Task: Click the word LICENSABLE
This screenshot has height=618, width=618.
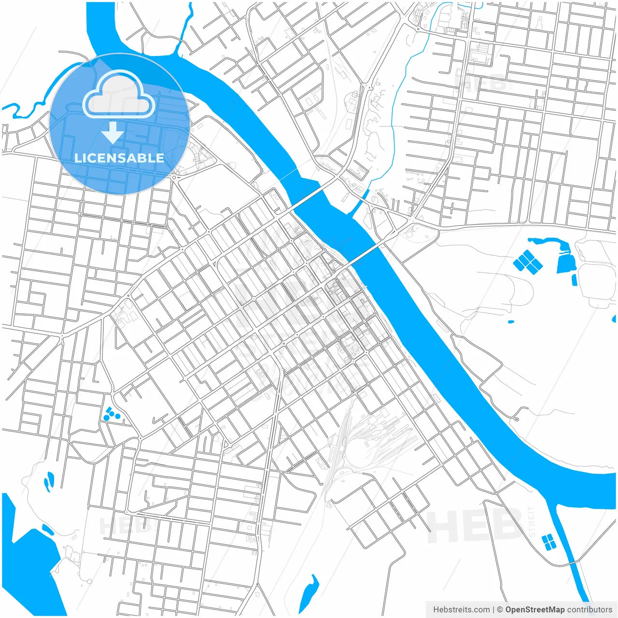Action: pos(119,158)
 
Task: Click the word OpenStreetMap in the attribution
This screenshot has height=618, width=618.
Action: pos(534,609)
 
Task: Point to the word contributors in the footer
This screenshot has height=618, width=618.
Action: pos(590,609)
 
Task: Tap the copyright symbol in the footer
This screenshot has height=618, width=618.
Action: pos(500,609)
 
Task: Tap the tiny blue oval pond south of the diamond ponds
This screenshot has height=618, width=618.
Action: pos(510,322)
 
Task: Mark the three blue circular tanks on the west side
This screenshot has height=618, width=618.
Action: pos(112,414)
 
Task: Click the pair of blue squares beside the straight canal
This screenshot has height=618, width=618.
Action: pos(548,542)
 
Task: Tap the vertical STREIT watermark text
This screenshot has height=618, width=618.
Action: pos(532,521)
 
